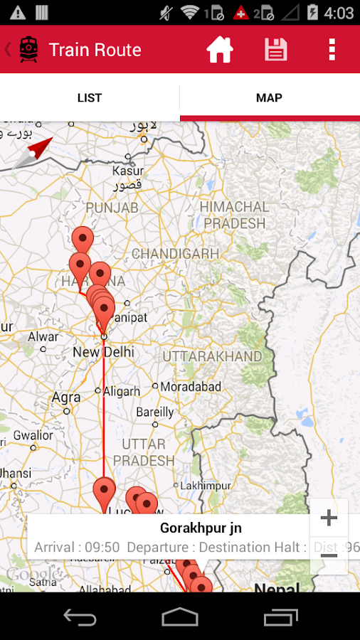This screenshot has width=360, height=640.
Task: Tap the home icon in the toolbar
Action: click(x=220, y=50)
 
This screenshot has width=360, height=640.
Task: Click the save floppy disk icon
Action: click(x=276, y=50)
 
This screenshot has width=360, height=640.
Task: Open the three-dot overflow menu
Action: click(x=332, y=50)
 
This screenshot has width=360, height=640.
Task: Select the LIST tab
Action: click(x=90, y=98)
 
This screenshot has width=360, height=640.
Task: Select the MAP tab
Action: click(x=270, y=98)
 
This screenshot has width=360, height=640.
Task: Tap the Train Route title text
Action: click(x=95, y=50)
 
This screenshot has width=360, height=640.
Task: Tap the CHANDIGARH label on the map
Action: click(x=175, y=254)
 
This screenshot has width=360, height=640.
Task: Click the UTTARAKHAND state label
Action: click(x=212, y=356)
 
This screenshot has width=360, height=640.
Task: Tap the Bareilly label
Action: click(x=155, y=412)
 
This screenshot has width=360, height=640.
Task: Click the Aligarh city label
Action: click(x=122, y=391)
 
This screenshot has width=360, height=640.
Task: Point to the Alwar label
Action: click(x=43, y=336)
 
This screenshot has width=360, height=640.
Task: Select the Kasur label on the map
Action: click(x=128, y=171)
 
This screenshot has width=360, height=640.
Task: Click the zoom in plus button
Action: click(x=329, y=518)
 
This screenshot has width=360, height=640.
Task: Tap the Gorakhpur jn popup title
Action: click(x=201, y=528)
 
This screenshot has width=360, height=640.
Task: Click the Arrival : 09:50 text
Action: click(x=77, y=548)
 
